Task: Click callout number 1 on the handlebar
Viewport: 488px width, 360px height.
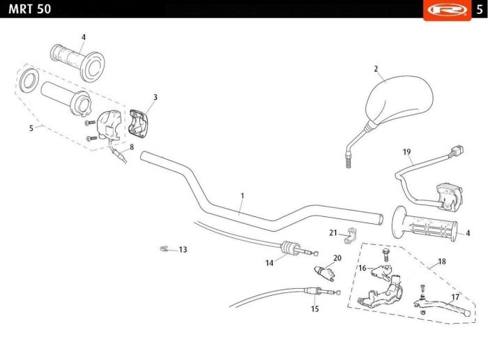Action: click(242, 196)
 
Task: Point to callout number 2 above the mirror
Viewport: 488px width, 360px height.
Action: click(376, 69)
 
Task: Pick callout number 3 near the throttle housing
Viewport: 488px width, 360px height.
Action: click(155, 97)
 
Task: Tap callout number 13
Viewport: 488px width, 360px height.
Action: click(183, 249)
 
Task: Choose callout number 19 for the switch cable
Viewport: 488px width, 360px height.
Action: click(406, 152)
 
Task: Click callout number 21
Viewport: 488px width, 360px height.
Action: click(333, 232)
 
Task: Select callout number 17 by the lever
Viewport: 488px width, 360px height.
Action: click(455, 297)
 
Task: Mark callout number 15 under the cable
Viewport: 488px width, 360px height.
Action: click(314, 308)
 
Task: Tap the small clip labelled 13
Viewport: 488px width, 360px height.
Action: click(165, 248)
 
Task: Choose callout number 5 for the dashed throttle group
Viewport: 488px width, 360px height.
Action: click(31, 128)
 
